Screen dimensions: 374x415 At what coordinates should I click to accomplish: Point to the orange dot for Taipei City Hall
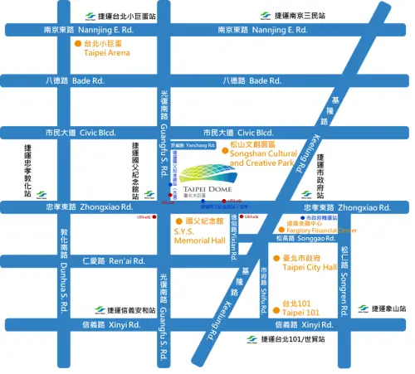tap(276, 260)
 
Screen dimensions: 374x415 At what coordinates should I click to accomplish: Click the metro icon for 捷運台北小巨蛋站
tap(90, 16)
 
